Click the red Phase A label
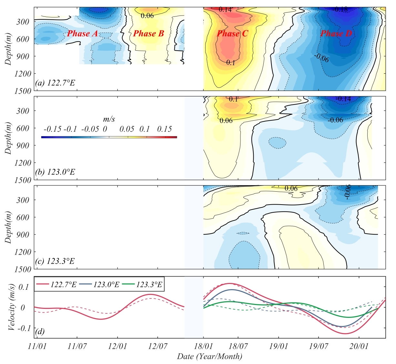[83, 34]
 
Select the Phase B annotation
[149, 34]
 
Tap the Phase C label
[232, 34]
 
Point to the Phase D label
[336, 34]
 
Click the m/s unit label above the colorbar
[109, 119]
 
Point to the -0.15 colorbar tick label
[52, 129]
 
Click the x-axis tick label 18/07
[238, 346]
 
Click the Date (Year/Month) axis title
[209, 356]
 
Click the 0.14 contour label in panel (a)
[225, 10]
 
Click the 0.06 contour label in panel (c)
[291, 188]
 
